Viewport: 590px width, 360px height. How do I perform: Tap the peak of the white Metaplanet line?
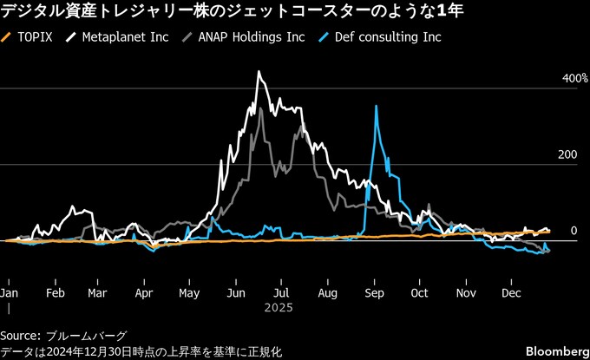click(259, 72)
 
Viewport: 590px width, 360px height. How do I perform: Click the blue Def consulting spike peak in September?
click(376, 106)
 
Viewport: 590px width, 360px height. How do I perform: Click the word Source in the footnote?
click(18, 336)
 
